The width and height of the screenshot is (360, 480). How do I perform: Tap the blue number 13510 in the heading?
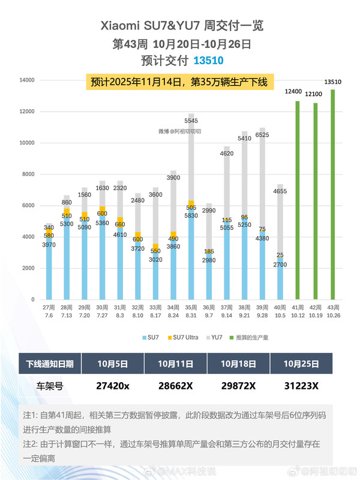pyautogui.click(x=208, y=61)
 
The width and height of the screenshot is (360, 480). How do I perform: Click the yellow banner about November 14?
pyautogui.click(x=179, y=82)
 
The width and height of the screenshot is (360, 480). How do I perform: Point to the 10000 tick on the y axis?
pyautogui.click(x=27, y=143)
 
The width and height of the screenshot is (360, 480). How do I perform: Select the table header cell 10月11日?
pyautogui.click(x=175, y=363)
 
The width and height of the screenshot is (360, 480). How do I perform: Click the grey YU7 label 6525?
pyautogui.click(x=263, y=136)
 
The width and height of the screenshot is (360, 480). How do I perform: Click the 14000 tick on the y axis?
pyautogui.click(x=27, y=80)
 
